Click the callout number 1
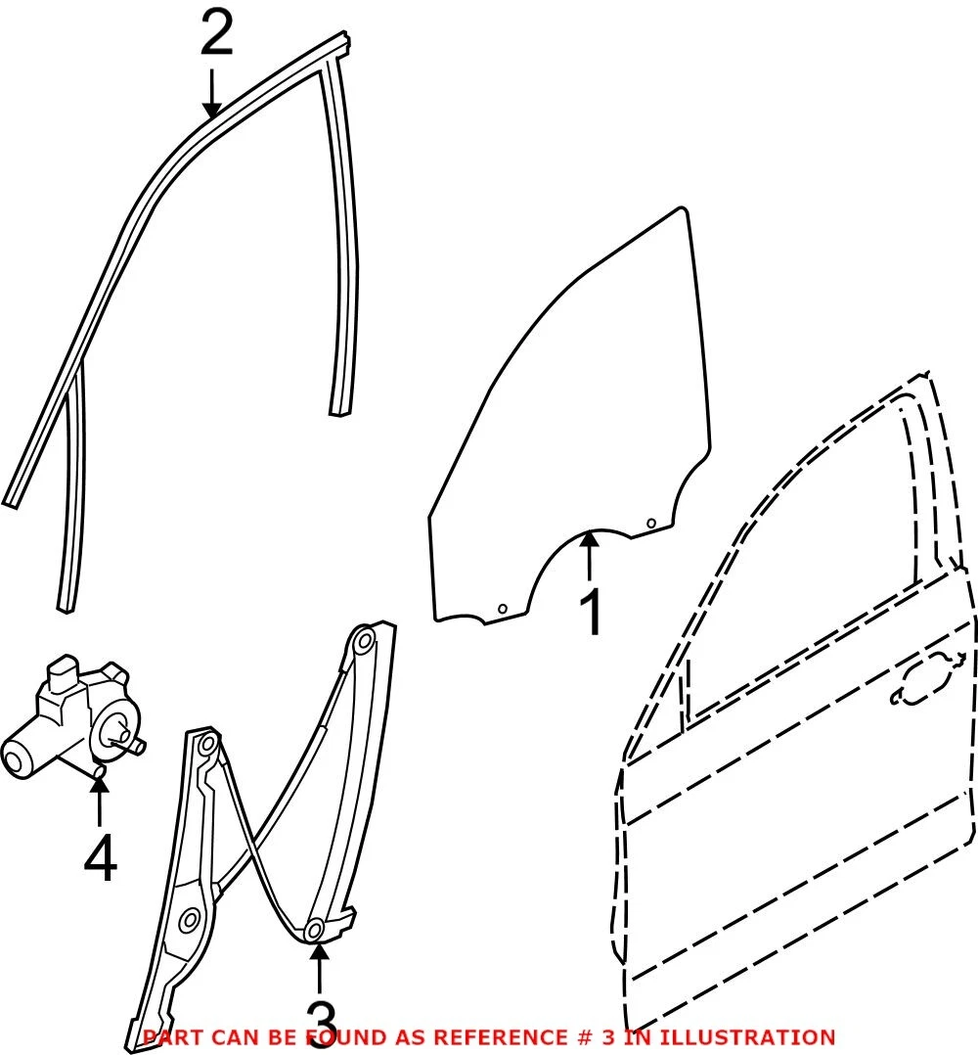coord(591,612)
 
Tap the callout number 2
coord(216,33)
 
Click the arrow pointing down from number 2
coord(212,93)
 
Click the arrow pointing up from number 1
coord(590,555)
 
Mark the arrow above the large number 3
coord(319,969)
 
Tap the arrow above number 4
coord(100,801)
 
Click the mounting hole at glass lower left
coord(502,609)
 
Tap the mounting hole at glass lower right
coord(650,524)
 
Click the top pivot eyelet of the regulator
coord(365,640)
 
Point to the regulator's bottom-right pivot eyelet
coord(314,931)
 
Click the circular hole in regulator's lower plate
coord(191,920)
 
